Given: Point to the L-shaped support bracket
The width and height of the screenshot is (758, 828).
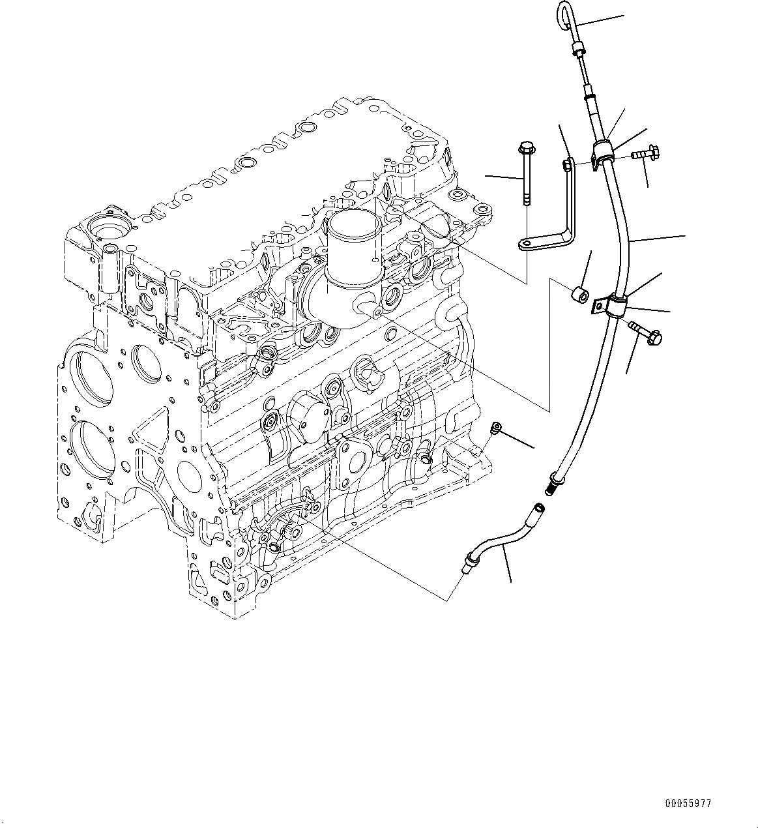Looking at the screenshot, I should pyautogui.click(x=567, y=209).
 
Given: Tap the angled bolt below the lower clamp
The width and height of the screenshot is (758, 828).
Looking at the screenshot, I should pyautogui.click(x=645, y=331).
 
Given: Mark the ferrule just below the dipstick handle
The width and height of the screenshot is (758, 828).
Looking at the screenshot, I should pyautogui.click(x=577, y=50).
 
